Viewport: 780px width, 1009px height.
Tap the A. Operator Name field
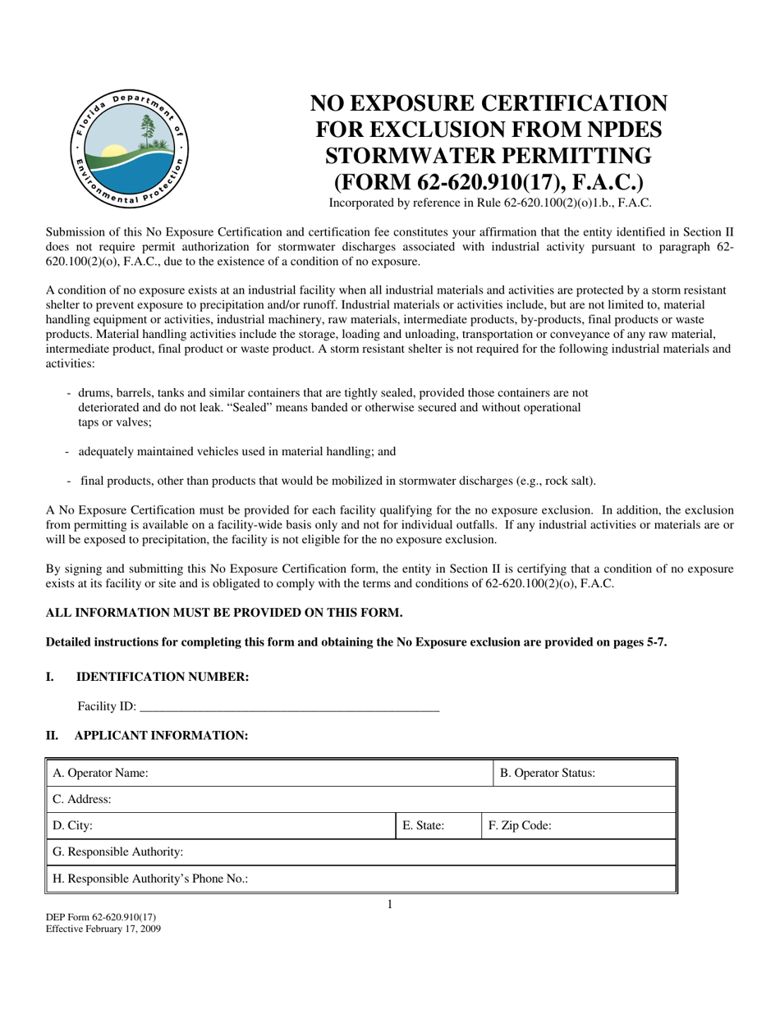(x=267, y=773)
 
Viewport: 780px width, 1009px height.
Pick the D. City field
(x=220, y=826)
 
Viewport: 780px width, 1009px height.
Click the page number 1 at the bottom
(x=390, y=905)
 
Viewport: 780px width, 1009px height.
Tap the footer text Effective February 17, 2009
(x=103, y=929)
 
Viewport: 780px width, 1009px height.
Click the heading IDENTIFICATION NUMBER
(x=162, y=677)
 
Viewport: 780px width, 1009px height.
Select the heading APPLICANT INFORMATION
(x=161, y=736)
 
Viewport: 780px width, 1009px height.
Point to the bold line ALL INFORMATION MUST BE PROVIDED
(x=224, y=613)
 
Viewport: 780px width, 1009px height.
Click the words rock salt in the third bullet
(x=568, y=481)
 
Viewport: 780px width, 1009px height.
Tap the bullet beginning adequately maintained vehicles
(x=236, y=451)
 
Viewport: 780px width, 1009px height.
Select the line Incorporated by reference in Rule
(x=489, y=203)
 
